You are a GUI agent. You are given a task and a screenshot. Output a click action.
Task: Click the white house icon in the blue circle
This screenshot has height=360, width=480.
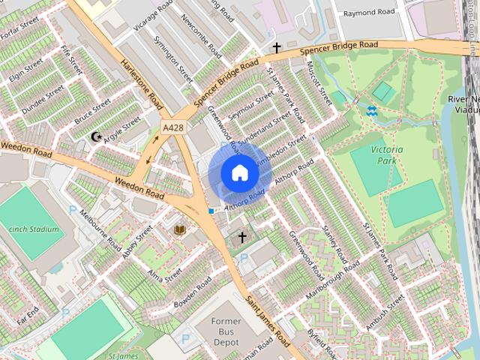[239, 172]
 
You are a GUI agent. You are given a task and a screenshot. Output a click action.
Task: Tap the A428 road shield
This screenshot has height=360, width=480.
[174, 128]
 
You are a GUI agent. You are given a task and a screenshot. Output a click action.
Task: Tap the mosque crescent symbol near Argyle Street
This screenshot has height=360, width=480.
[95, 136]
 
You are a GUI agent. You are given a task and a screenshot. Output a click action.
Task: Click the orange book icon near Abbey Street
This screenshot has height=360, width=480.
[179, 229]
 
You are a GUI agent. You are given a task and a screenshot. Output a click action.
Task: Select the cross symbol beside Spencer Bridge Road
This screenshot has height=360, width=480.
[277, 48]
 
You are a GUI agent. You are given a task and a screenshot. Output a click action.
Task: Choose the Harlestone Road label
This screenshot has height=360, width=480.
[142, 83]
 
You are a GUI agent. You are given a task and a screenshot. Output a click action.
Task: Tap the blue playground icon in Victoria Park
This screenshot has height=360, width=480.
[371, 111]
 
